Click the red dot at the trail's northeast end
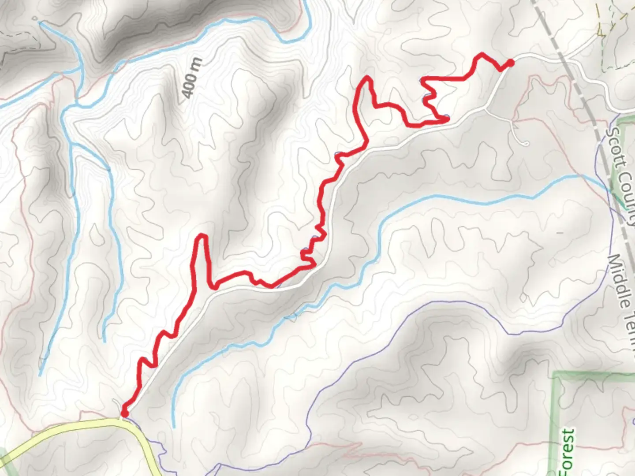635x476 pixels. [510, 63]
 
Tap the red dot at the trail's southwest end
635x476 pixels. [124, 413]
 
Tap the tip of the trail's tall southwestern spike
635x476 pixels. [203, 237]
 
